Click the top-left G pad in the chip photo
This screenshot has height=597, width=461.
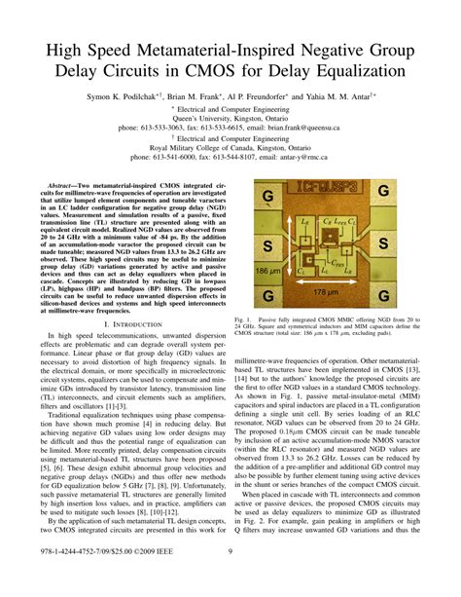[265, 198]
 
